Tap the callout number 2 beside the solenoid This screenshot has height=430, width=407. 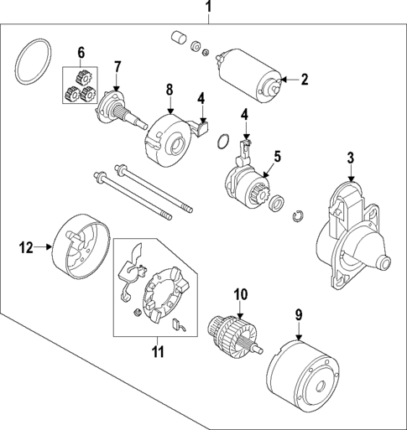pyautogui.click(x=305, y=80)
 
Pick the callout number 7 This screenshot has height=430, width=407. pyautogui.click(x=117, y=66)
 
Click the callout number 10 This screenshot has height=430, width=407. pyautogui.click(x=240, y=294)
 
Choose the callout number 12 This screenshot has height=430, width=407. pyautogui.click(x=25, y=246)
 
